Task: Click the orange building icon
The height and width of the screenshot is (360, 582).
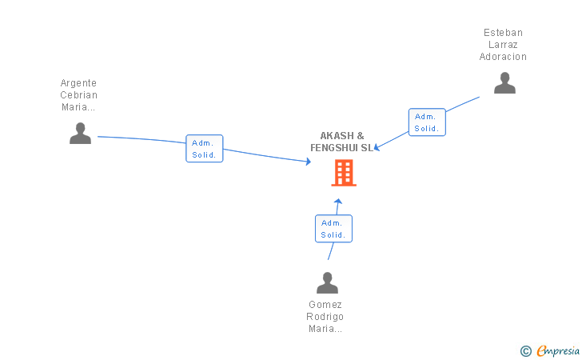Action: click(x=344, y=173)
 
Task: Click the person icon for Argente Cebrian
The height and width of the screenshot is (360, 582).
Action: click(x=80, y=133)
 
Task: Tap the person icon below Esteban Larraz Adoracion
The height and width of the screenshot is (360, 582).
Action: click(x=504, y=83)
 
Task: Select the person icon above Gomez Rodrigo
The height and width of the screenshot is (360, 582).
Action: click(x=328, y=282)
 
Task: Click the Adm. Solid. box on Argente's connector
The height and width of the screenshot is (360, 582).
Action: click(x=205, y=149)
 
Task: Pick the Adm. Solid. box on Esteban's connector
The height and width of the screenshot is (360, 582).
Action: click(x=427, y=122)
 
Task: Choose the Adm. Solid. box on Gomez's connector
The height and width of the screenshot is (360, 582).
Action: click(x=333, y=229)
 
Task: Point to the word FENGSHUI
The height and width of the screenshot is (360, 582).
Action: click(x=334, y=148)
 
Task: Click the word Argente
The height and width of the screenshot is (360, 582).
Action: click(x=78, y=83)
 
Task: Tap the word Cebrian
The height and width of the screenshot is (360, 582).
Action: click(x=78, y=95)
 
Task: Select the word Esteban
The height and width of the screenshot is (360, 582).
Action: click(x=503, y=33)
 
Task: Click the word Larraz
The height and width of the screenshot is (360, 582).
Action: click(x=503, y=45)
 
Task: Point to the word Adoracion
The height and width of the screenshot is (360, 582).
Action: click(x=503, y=57)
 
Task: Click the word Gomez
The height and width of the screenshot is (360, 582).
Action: click(x=325, y=305)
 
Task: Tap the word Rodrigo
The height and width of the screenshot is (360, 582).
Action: click(x=325, y=317)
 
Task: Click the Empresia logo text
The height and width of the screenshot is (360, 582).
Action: click(x=558, y=350)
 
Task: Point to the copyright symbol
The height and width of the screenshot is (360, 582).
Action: click(x=526, y=351)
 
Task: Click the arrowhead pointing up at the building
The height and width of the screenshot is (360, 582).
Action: click(x=337, y=202)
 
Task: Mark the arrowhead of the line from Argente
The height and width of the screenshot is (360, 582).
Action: click(x=308, y=162)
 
